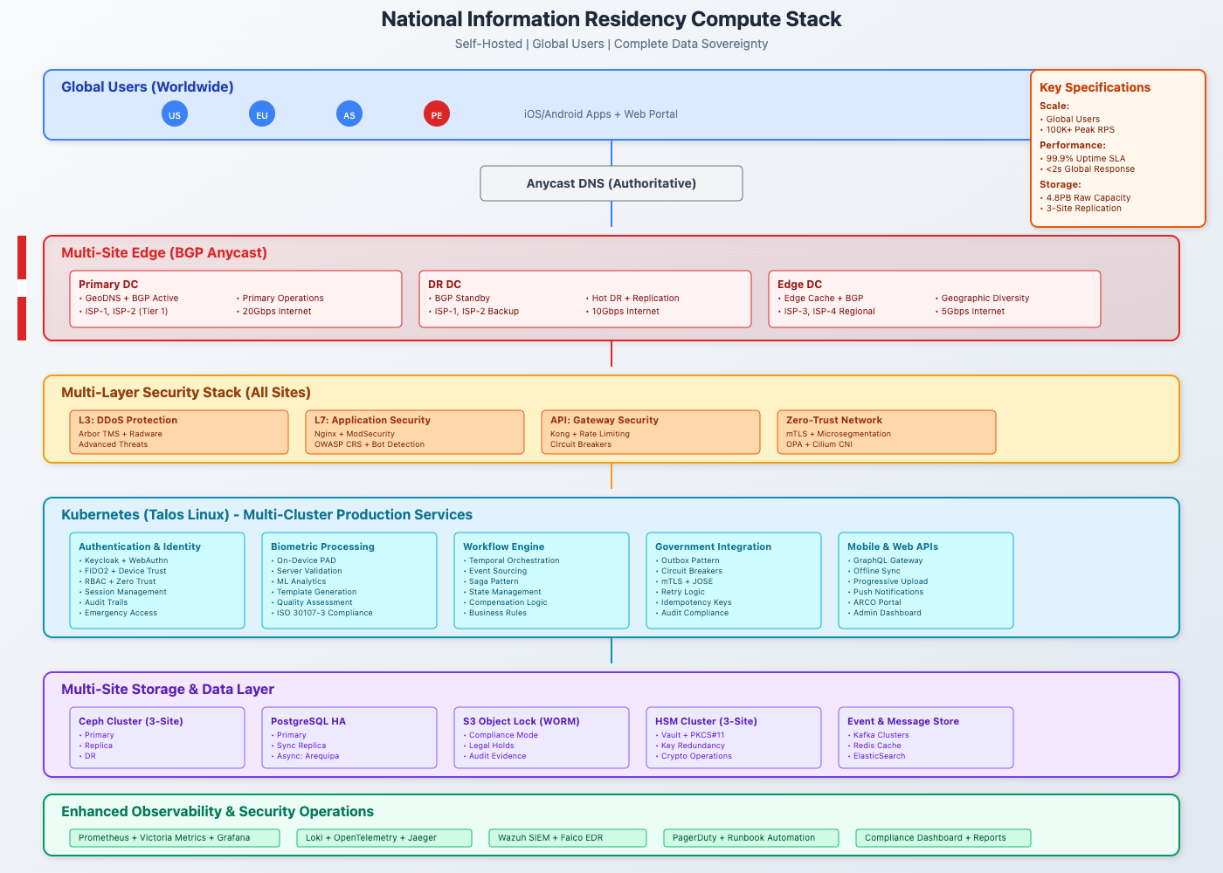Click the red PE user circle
click(x=437, y=114)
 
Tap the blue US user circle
click(x=175, y=114)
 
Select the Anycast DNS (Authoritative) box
click(x=611, y=183)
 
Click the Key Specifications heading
click(x=1095, y=87)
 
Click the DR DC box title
click(x=445, y=285)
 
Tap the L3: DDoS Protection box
click(x=179, y=432)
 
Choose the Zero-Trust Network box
click(x=886, y=432)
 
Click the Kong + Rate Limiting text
click(x=590, y=434)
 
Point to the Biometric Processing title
click(x=322, y=546)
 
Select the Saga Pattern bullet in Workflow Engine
click(x=494, y=581)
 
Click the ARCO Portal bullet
click(x=877, y=602)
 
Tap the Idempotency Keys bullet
click(x=696, y=602)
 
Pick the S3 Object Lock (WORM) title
click(x=522, y=721)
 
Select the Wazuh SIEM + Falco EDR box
click(x=568, y=838)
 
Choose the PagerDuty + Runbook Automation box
click(x=751, y=838)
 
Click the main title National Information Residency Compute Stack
click(x=611, y=19)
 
